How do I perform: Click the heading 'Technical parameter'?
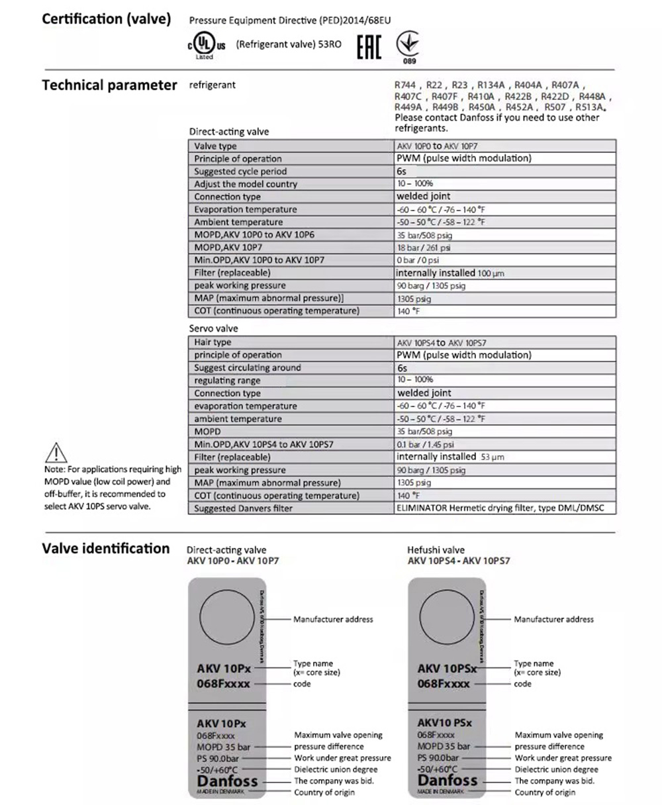109,85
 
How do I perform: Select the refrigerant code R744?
406,85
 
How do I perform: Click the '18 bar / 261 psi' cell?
424,248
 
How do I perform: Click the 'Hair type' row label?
213,342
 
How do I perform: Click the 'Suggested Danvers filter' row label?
243,508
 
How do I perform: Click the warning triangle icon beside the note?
58,453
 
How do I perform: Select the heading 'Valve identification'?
106,549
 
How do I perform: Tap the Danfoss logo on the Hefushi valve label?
447,781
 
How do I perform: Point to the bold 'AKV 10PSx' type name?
448,669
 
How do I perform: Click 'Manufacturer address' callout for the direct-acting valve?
333,620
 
